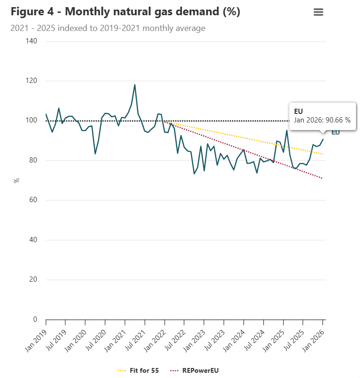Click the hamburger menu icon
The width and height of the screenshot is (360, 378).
(x=319, y=12)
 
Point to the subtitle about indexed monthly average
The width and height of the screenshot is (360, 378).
(x=108, y=29)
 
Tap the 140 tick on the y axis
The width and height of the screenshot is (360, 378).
(x=31, y=41)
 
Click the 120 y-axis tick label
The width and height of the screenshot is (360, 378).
(x=31, y=81)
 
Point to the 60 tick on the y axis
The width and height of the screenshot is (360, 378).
(x=33, y=200)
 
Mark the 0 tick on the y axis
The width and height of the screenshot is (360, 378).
(x=35, y=319)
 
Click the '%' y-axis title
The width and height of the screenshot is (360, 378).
(x=16, y=180)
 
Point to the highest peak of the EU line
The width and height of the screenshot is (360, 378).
(x=135, y=85)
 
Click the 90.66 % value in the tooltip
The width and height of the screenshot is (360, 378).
(x=338, y=120)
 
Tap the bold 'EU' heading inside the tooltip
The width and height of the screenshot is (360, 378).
(x=299, y=111)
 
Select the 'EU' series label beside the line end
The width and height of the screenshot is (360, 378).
(x=336, y=132)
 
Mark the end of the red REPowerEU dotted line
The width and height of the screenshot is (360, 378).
(x=323, y=178)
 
